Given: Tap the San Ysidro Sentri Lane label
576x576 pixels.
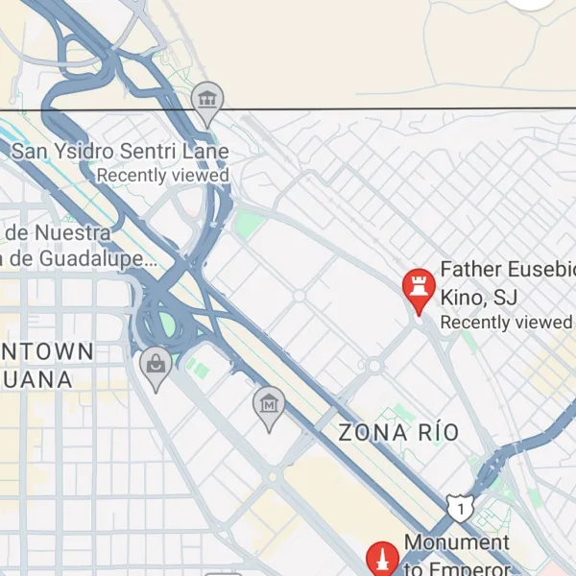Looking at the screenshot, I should point(120,152).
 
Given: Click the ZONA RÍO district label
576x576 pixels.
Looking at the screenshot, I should point(398,433).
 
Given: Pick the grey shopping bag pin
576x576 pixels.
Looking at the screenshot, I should point(156,367).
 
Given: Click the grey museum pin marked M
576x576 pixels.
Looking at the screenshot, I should point(270,407).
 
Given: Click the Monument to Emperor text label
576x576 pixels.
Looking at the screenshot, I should point(457,555).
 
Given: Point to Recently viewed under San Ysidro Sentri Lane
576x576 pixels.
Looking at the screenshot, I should point(163,176).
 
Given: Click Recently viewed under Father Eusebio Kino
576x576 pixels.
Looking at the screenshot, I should point(506,323).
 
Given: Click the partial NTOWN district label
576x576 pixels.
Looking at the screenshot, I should point(48,351).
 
